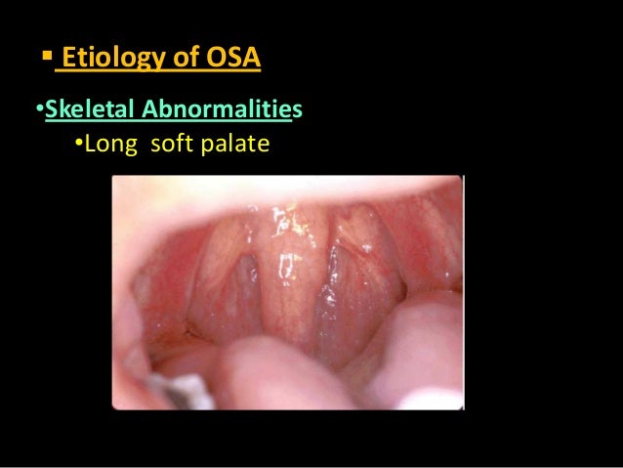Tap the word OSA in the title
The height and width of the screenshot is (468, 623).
tap(233, 61)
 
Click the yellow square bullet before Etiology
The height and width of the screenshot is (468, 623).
tap(45, 58)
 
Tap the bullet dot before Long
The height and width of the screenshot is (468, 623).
tap(79, 147)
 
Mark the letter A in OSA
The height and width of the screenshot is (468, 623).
tap(251, 61)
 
